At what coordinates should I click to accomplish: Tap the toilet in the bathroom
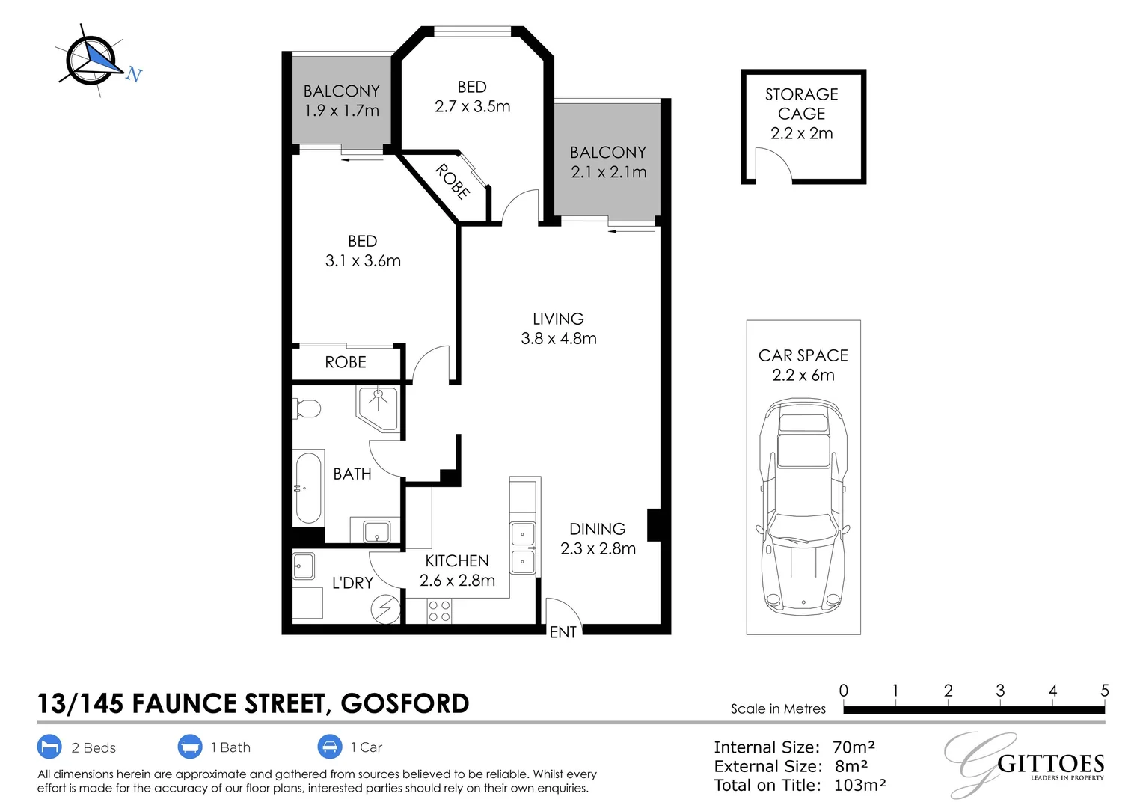[x=307, y=408]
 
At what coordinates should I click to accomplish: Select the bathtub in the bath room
[x=308, y=488]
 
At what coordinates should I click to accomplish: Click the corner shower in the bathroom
[x=379, y=407]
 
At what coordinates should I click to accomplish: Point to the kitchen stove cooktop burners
[x=439, y=611]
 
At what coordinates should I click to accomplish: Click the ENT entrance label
[x=563, y=632]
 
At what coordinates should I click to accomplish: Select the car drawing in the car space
[x=803, y=505]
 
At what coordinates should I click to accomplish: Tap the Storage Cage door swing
[x=773, y=165]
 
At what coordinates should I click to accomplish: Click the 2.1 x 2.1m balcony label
[x=608, y=162]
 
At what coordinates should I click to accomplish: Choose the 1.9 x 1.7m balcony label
[x=341, y=101]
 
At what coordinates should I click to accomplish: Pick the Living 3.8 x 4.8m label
[x=559, y=328]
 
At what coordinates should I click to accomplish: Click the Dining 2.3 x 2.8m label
[x=598, y=539]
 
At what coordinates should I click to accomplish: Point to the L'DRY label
[x=352, y=583]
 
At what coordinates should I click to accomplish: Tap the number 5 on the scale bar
[x=1104, y=691]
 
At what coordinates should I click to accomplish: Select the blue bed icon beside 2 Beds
[x=49, y=747]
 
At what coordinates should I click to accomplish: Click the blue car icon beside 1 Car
[x=329, y=747]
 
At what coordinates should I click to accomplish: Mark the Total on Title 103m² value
[x=859, y=785]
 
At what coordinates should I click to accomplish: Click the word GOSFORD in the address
[x=405, y=703]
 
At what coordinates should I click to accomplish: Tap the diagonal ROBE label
[x=453, y=181]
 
